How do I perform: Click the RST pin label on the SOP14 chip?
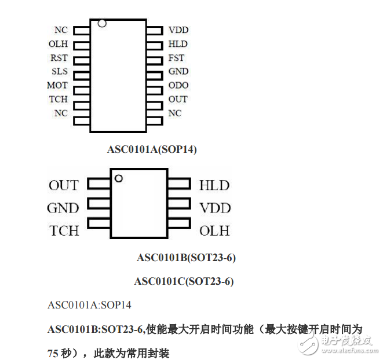(59, 58)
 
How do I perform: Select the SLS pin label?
(59, 71)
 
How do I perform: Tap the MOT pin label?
(57, 85)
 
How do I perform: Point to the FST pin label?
(176, 58)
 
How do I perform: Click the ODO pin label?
(178, 85)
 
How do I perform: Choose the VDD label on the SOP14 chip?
(178, 30)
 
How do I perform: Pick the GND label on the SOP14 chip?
(178, 71)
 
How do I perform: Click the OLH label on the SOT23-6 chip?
(214, 231)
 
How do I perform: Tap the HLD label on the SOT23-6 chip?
(214, 185)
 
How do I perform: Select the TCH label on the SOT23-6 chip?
(64, 231)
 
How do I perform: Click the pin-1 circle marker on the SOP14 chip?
(102, 23)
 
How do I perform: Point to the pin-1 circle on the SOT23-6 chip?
(119, 178)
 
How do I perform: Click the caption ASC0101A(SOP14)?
(152, 149)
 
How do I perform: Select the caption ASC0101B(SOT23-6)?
(186, 258)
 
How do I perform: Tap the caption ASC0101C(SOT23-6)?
(184, 281)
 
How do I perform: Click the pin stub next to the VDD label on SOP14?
(155, 31)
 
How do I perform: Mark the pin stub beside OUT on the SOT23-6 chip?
(99, 183)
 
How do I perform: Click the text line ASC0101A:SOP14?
(89, 305)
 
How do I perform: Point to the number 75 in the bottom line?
(53, 354)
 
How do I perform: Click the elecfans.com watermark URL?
(350, 351)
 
